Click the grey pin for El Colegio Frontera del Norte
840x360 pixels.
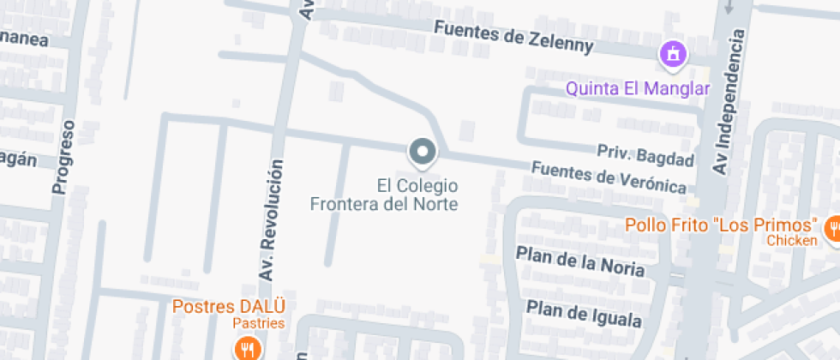click(422, 152)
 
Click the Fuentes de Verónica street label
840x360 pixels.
click(609, 177)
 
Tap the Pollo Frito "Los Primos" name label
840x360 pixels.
click(719, 225)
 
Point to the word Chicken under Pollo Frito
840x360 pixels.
click(791, 240)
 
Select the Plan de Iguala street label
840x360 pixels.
click(584, 314)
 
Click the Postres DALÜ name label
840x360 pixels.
click(228, 306)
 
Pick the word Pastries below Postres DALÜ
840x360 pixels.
click(260, 323)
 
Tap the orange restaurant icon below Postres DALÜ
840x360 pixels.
click(248, 348)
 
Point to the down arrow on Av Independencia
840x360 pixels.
click(729, 7)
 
